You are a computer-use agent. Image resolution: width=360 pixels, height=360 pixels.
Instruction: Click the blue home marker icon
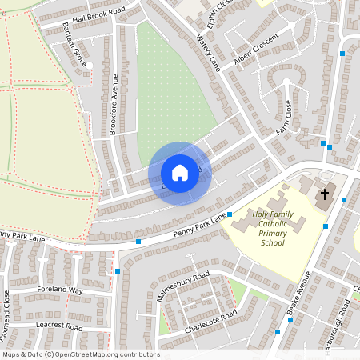(x=180, y=172)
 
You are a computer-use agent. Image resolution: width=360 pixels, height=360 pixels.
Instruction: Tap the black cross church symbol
(x=325, y=194)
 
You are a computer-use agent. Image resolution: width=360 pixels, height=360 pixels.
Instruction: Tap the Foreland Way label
(x=60, y=290)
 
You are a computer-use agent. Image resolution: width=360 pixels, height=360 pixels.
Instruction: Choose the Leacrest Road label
(x=60, y=327)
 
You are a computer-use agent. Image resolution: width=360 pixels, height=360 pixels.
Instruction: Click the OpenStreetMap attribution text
(x=80, y=354)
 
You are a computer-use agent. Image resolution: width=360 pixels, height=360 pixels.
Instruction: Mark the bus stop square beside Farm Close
(x=324, y=144)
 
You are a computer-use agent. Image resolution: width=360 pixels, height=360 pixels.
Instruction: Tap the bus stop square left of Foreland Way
(x=118, y=271)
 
